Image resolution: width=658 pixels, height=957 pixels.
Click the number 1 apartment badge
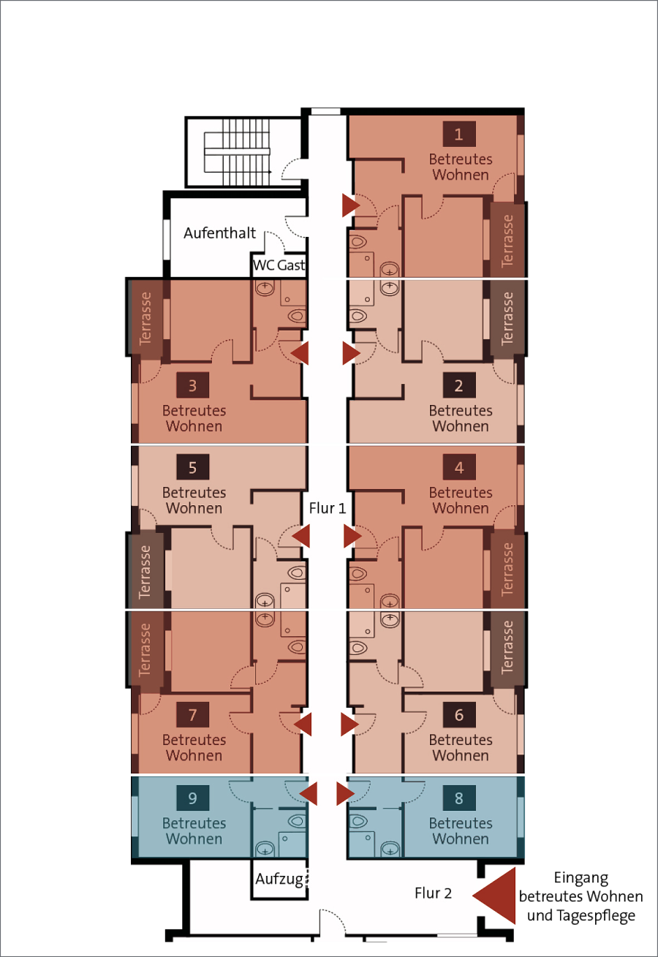pyautogui.click(x=459, y=134)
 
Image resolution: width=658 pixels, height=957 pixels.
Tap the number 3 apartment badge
pyautogui.click(x=193, y=385)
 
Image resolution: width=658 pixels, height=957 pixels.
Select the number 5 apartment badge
pyautogui.click(x=193, y=467)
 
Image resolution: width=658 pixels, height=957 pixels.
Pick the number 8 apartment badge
pyautogui.click(x=459, y=798)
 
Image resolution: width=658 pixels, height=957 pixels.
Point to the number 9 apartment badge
pyautogui.click(x=193, y=798)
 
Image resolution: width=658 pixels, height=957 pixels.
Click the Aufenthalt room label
pyautogui.click(x=219, y=232)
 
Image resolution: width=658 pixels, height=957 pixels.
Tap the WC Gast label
pyautogui.click(x=279, y=265)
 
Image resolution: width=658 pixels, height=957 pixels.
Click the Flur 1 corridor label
pyautogui.click(x=328, y=508)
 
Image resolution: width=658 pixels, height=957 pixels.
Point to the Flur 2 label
pyautogui.click(x=433, y=893)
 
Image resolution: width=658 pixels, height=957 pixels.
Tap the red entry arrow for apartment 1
pyautogui.click(x=351, y=205)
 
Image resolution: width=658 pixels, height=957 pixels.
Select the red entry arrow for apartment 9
pyautogui.click(x=308, y=793)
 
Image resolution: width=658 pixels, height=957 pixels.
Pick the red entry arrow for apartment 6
pyautogui.click(x=349, y=725)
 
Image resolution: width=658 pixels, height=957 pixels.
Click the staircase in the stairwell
pyautogui.click(x=237, y=151)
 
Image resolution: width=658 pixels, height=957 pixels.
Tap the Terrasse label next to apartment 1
pyautogui.click(x=507, y=241)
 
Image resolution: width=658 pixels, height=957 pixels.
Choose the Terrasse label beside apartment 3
pyautogui.click(x=145, y=318)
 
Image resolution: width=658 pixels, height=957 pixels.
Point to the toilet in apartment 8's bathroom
pyautogui.click(x=358, y=821)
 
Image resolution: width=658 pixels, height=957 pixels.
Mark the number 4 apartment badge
pyautogui.click(x=459, y=467)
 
